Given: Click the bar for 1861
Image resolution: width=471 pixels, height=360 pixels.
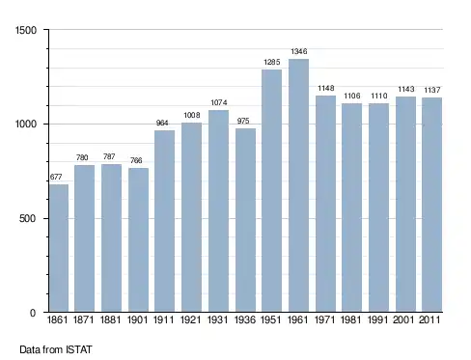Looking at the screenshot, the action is tap(59, 248).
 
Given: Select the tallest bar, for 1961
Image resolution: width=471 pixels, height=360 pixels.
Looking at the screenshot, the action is tap(298, 185).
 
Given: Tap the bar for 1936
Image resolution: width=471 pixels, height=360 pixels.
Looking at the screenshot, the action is tap(245, 220).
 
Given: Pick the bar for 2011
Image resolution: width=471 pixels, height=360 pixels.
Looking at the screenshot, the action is tap(431, 205).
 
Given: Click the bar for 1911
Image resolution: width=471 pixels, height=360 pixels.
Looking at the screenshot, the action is tap(164, 221).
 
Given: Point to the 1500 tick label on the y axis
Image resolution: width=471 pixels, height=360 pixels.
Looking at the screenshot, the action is tap(26, 30).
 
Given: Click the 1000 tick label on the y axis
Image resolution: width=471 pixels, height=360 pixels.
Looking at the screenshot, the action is tap(26, 124).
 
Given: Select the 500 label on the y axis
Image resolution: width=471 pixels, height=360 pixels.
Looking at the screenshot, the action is tap(28, 218).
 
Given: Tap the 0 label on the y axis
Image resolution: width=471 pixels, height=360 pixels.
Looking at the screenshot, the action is tap(33, 313).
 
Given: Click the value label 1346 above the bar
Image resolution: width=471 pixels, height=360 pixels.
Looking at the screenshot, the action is tap(299, 51).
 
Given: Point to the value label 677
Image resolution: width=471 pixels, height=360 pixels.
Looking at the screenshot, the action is tap(56, 177).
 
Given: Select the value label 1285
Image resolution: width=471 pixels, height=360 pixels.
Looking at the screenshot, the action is tap(272, 62).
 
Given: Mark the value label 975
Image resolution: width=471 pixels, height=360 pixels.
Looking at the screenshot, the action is tap(243, 121).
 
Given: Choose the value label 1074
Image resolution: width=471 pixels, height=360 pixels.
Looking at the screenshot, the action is tap(219, 102).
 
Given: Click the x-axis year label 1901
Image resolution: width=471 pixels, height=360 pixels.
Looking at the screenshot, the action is tap(137, 319).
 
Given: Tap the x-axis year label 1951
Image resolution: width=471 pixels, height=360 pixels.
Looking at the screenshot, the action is tap(270, 319).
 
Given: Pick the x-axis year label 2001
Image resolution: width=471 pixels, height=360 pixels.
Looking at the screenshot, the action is tap(403, 319).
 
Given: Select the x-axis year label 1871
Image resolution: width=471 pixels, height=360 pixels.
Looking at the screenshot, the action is tap(84, 319).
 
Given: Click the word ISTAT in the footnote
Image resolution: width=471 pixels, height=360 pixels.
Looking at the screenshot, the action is tap(79, 349).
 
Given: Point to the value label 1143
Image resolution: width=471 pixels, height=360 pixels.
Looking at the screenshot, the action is tap(406, 89).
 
